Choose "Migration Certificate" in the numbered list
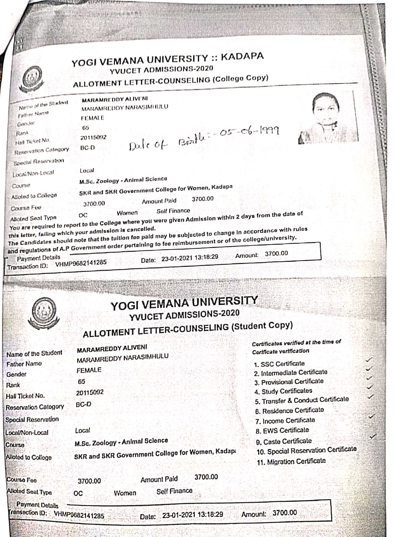293,461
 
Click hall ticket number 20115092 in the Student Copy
89,393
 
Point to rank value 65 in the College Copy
86,128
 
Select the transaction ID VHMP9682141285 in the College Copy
81,263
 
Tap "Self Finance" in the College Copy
173,211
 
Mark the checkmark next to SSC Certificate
369,360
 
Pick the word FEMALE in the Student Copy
89,370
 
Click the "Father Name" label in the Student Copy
24,364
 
